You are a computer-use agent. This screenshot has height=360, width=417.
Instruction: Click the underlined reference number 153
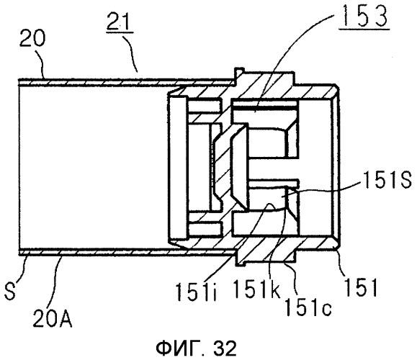point(364,17)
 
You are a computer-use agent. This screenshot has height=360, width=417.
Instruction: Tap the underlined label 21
point(120,22)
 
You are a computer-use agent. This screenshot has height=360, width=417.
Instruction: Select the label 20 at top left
point(32,39)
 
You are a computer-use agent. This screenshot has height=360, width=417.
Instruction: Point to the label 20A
point(52,318)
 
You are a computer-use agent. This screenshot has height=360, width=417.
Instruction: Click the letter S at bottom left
point(10,292)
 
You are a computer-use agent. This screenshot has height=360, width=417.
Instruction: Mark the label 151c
point(308,306)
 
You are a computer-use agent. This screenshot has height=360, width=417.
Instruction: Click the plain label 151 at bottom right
point(361,287)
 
